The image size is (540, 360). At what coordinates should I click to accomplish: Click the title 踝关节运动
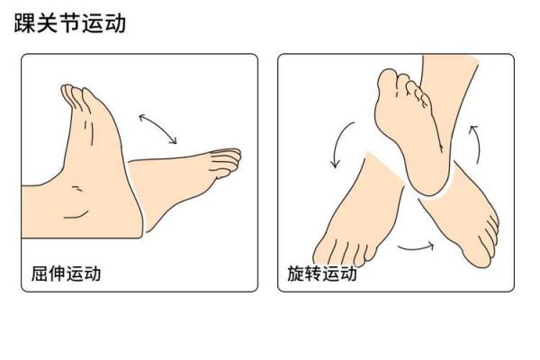70,23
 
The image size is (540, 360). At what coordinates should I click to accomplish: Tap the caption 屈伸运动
66,274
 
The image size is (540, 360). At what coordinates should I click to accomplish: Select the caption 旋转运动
322,274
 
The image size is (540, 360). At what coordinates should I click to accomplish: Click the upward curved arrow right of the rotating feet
477,144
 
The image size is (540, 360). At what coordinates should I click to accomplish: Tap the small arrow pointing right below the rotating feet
416,247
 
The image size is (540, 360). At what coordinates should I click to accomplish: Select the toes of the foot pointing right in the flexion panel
226,161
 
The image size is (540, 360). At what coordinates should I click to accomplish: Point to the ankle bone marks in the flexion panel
76,188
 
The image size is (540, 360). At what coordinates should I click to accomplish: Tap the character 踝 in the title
25,23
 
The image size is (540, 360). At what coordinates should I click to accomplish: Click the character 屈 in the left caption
40,274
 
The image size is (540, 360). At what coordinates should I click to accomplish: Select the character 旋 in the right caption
295,274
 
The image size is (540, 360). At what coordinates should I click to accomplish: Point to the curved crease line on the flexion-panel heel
76,215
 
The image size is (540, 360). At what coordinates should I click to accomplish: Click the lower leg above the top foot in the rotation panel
447,86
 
